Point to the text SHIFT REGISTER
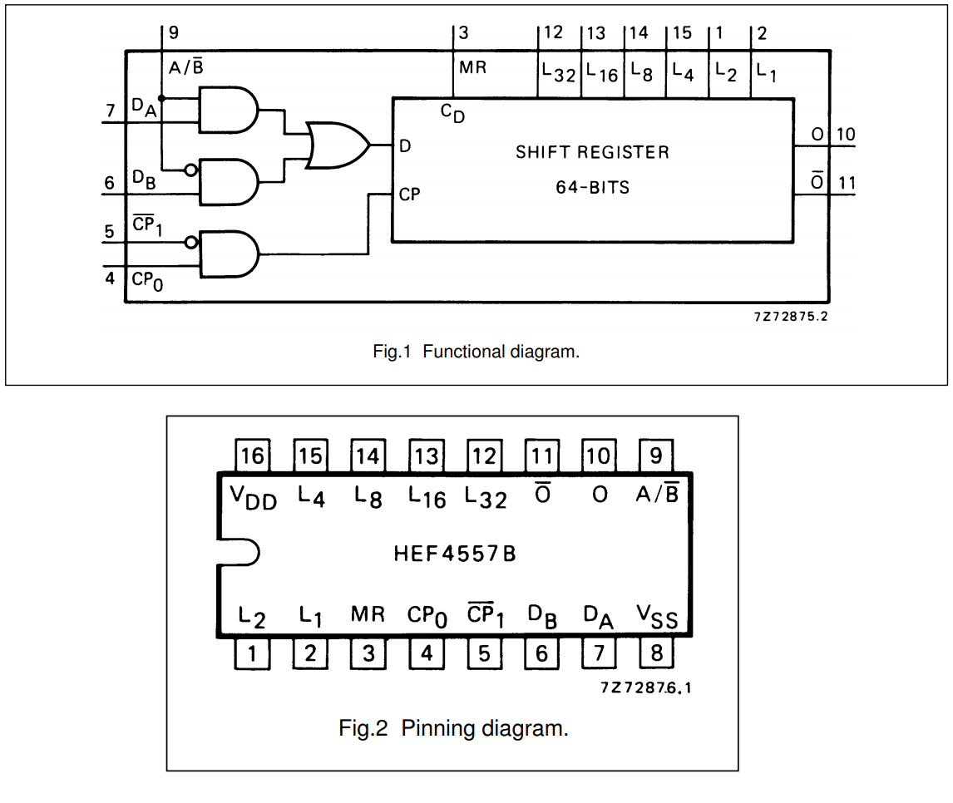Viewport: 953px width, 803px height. (592, 153)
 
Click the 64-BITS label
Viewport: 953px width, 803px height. (593, 188)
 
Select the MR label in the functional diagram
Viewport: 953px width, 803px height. (473, 67)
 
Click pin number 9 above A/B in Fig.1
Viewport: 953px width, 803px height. (173, 33)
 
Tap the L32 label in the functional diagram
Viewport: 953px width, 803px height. (558, 72)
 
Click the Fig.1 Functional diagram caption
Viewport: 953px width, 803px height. (476, 352)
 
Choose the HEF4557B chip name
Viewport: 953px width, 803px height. (455, 554)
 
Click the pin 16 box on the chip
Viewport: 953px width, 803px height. (252, 456)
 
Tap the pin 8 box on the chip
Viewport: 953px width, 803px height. (656, 653)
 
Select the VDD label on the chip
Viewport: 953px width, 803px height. (254, 497)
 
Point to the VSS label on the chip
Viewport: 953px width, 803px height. (657, 616)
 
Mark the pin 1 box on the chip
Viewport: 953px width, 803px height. (252, 653)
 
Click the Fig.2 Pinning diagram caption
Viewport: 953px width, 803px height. (453, 729)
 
